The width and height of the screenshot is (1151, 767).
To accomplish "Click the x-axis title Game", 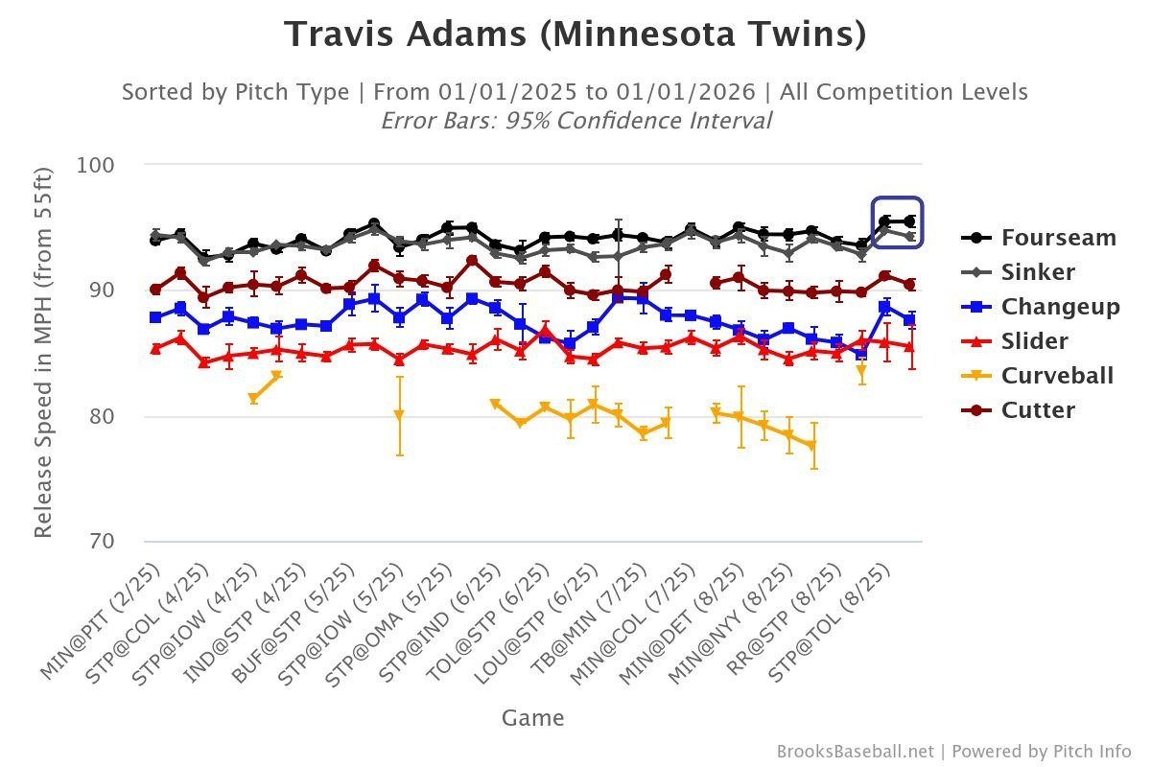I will (x=532, y=718).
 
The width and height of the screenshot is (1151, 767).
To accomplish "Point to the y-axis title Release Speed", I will (x=43, y=351).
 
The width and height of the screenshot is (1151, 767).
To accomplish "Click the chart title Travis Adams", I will (x=575, y=35).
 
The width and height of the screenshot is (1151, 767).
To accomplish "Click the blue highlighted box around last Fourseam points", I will (x=897, y=222).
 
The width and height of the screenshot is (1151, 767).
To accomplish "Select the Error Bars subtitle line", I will (x=575, y=121).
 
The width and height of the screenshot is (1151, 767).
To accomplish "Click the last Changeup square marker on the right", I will (x=909, y=320).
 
